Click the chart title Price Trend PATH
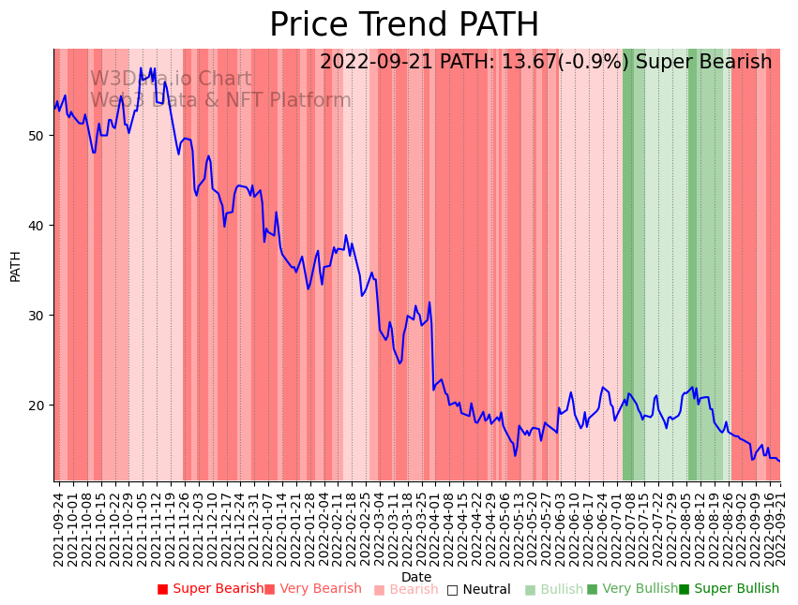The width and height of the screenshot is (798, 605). pos(404,25)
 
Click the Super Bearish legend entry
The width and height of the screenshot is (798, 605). pos(210,589)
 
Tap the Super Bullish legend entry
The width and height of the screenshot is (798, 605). pos(729,589)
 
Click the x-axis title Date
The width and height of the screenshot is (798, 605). pos(416,577)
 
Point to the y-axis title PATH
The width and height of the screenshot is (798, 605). pos(16,265)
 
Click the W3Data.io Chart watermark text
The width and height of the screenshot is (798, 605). pos(171,80)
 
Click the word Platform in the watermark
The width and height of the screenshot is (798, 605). pos(309,100)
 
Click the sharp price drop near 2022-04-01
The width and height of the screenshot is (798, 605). pos(431,347)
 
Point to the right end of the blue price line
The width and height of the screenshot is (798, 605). pos(778,461)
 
